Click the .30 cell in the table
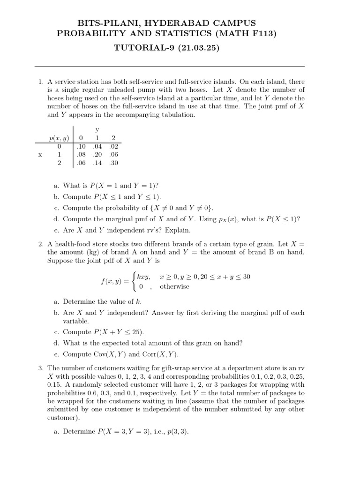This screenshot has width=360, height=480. click(113, 163)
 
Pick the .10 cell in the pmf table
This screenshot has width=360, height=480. click(82, 146)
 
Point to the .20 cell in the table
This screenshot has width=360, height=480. click(97, 155)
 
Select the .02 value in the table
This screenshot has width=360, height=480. click(113, 146)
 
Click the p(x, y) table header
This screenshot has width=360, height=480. click(60, 138)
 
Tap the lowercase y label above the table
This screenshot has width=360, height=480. click(97, 129)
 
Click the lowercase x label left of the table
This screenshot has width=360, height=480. click(40, 155)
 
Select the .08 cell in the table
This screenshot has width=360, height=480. click(82, 155)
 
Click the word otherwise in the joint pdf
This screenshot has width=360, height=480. click(174, 286)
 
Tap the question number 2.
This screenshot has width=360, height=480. click(41, 244)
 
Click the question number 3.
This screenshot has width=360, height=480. click(41, 368)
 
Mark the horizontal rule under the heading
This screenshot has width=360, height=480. click(169, 67)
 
